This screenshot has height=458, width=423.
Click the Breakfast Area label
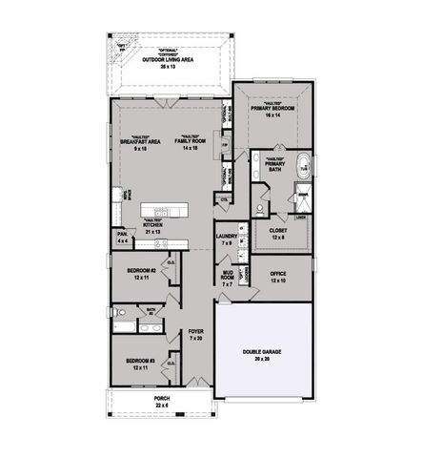[x=139, y=145]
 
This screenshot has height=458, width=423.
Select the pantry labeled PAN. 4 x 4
[x=123, y=238]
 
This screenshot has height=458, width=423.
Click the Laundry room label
[x=227, y=239]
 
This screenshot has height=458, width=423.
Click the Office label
[x=277, y=278]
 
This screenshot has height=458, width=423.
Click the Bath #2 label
[x=151, y=312]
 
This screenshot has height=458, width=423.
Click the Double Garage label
[x=261, y=354]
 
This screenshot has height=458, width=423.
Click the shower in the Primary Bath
[x=302, y=198]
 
